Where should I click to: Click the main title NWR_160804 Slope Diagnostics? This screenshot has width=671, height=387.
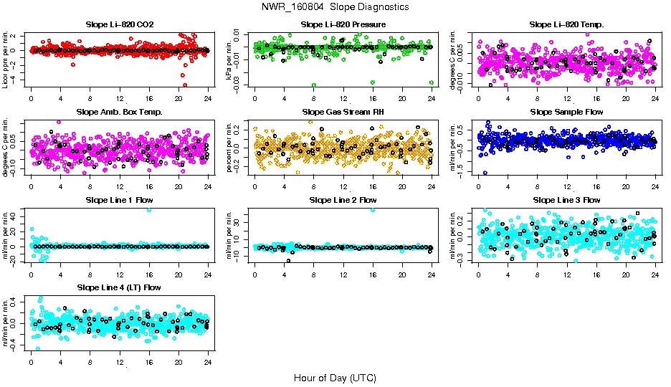point(335,6)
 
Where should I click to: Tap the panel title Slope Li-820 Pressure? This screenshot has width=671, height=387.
point(343,24)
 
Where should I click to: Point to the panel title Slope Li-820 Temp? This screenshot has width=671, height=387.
point(567,24)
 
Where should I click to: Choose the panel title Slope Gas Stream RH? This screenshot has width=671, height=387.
point(343,112)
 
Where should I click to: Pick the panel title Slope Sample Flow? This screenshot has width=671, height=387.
point(567,112)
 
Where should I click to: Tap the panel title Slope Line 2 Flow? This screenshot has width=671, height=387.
point(343,199)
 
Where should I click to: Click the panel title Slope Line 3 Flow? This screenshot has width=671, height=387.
point(567,199)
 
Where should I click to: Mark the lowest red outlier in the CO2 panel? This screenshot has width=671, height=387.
point(185,85)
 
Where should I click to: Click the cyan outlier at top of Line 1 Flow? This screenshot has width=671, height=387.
point(149,209)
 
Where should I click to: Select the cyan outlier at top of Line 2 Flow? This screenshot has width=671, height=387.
point(373,209)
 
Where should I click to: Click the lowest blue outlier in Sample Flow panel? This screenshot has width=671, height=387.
point(485,173)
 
